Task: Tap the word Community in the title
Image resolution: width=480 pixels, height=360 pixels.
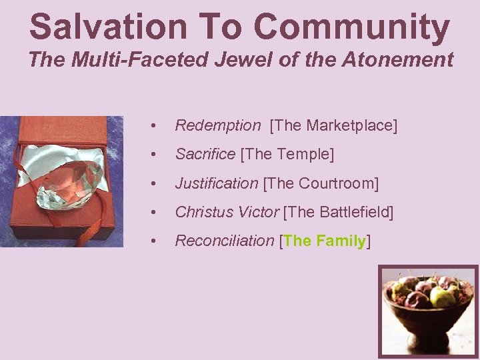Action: [x=351, y=27]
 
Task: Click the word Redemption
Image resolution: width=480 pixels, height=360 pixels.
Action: [x=217, y=125]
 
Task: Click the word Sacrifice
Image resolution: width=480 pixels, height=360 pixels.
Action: [x=205, y=154]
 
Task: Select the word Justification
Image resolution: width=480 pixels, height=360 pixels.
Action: [x=216, y=183]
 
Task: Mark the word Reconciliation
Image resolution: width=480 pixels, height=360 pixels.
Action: [x=224, y=241]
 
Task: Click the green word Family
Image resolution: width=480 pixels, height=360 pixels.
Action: [x=341, y=241]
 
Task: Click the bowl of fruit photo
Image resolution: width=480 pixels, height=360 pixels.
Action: [x=428, y=311]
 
